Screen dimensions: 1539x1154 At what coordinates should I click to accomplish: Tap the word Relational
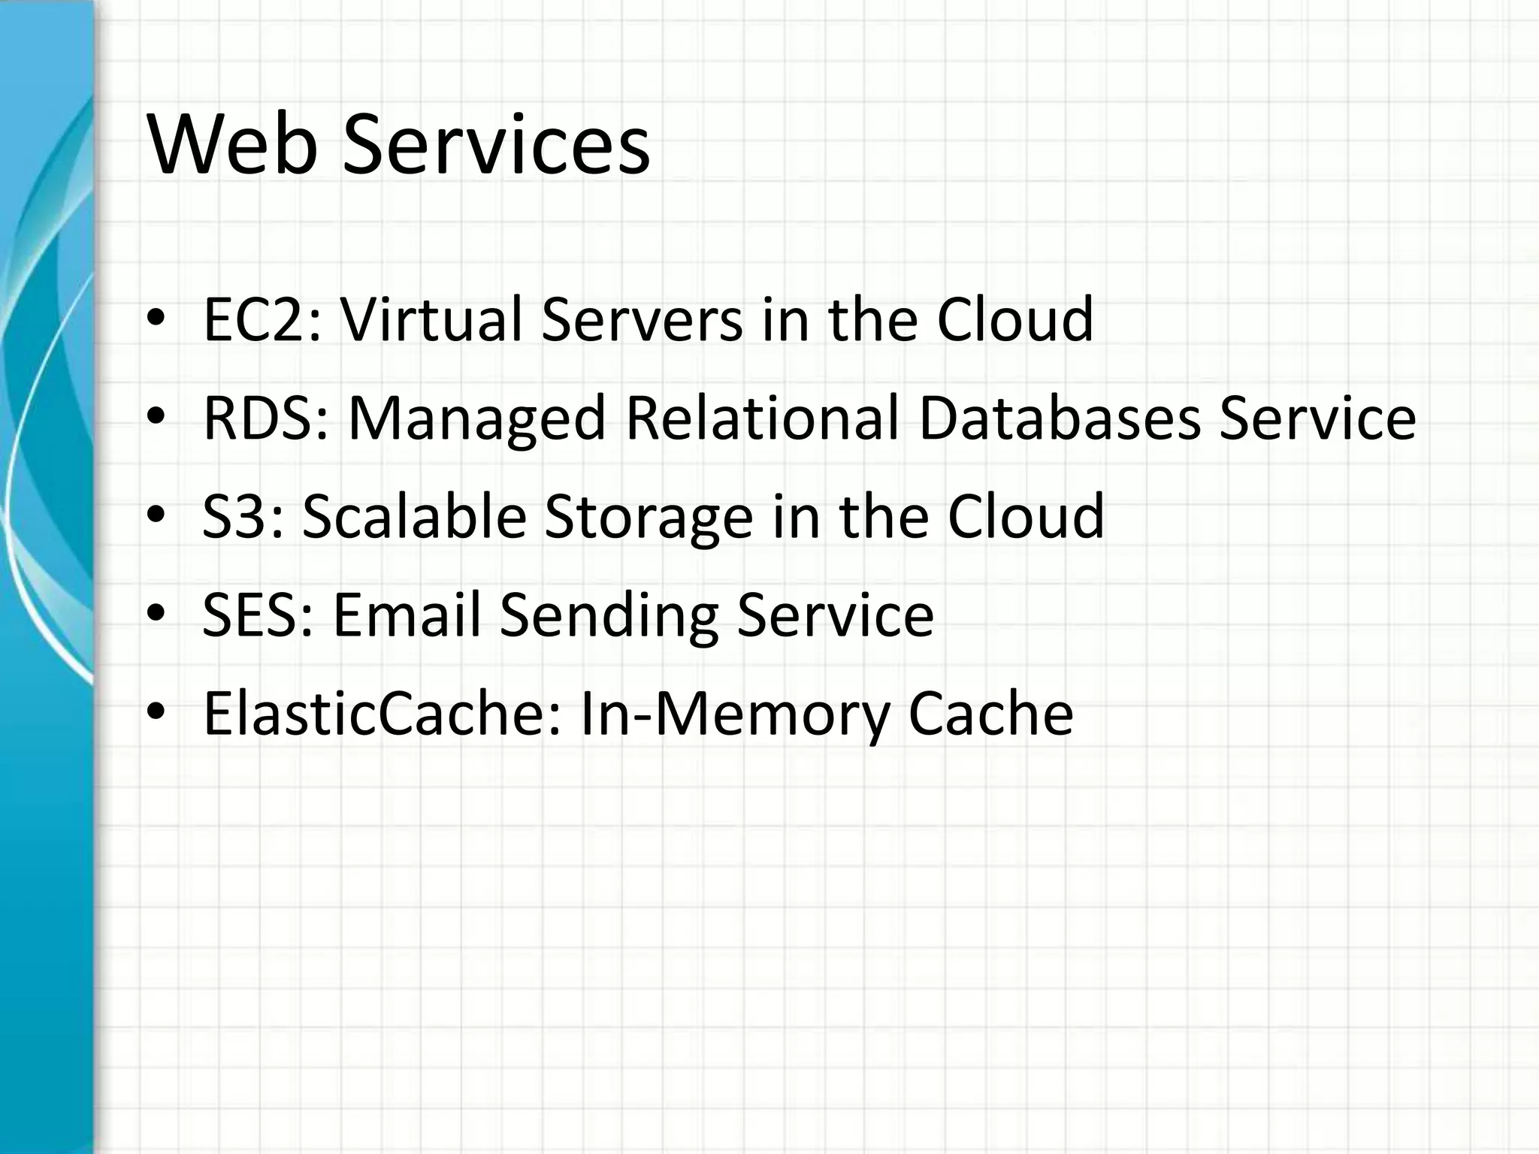click(x=762, y=418)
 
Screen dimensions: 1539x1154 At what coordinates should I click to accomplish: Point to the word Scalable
click(x=414, y=517)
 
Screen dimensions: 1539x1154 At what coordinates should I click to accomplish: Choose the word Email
click(x=407, y=615)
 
